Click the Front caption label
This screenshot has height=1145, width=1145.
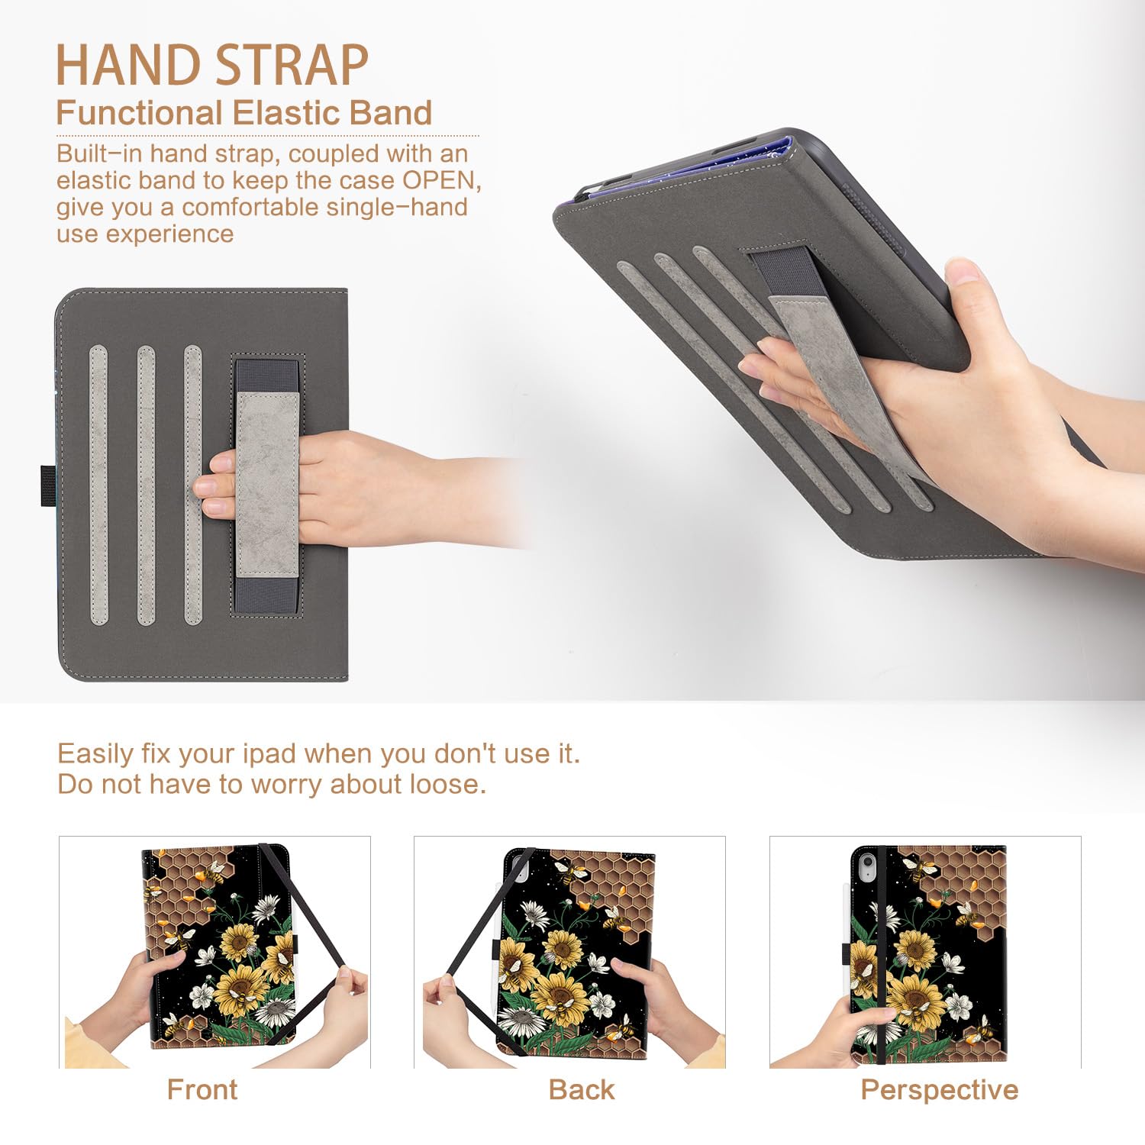[x=202, y=1089]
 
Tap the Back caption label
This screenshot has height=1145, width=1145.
[x=581, y=1089]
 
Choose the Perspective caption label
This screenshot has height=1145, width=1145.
[x=939, y=1089]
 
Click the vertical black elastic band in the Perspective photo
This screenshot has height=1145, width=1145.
[x=882, y=954]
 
